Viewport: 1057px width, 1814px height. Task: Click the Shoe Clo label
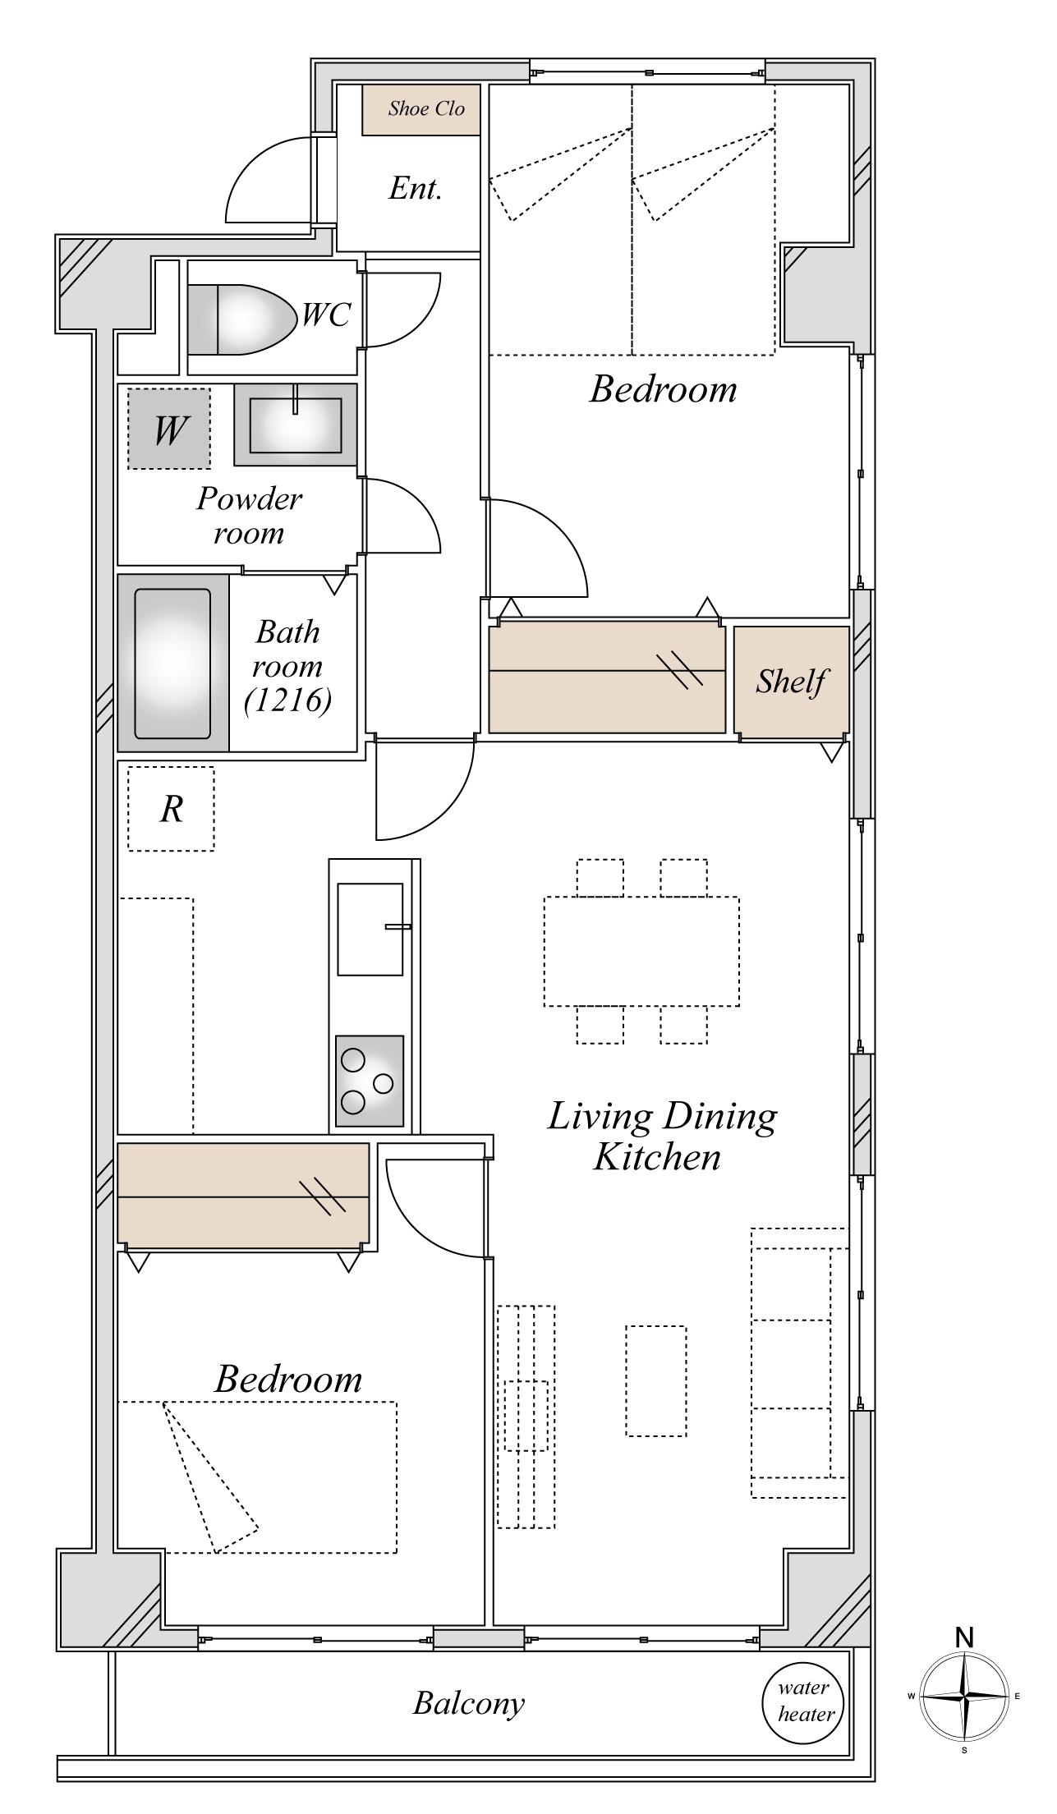click(x=426, y=108)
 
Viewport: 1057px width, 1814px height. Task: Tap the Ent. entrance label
click(x=416, y=189)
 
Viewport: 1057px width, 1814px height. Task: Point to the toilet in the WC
click(x=242, y=319)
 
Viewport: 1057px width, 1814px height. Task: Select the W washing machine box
click(x=169, y=429)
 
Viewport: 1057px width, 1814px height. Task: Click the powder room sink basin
click(x=296, y=425)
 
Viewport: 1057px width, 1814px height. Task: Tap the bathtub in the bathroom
click(x=172, y=664)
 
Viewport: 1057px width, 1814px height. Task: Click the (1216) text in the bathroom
click(x=287, y=700)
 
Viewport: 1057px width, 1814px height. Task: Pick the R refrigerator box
click(x=171, y=809)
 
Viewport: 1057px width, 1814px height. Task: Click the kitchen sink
click(x=370, y=930)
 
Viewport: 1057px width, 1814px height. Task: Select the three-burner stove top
click(x=370, y=1082)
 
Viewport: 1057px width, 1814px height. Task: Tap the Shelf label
click(x=791, y=681)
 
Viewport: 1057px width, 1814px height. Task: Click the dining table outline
click(x=641, y=951)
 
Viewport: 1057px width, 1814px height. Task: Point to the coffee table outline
click(x=656, y=1381)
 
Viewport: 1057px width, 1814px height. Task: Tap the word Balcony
click(x=468, y=1703)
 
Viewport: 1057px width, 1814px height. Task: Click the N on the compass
click(x=965, y=1637)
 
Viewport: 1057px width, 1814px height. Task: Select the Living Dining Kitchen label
click(x=662, y=1137)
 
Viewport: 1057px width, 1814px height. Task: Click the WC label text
click(x=326, y=314)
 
